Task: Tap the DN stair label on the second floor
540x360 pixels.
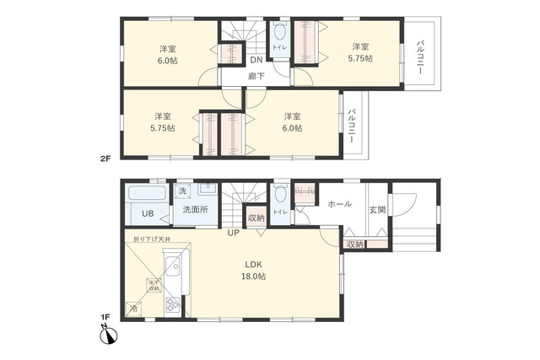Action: [x=255, y=60]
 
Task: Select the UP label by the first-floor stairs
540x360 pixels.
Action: [x=233, y=233]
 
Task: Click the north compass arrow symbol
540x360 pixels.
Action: [x=107, y=337]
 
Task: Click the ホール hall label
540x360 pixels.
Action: [x=339, y=204]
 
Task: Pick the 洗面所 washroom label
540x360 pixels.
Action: [x=195, y=211]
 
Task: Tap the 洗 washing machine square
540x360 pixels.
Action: [x=183, y=191]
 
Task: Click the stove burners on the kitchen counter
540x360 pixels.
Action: [x=171, y=305]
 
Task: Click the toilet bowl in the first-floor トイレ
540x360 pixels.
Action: [x=281, y=193]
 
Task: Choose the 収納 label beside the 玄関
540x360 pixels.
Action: [x=355, y=244]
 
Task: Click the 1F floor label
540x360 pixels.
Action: [x=105, y=318]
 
